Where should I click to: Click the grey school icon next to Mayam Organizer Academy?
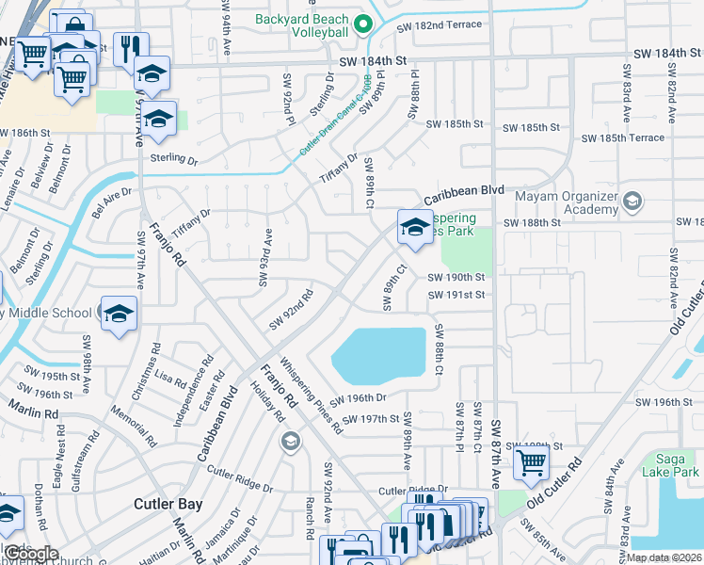(x=632, y=201)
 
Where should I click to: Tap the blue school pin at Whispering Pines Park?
(x=414, y=227)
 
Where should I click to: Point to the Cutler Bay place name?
(x=168, y=504)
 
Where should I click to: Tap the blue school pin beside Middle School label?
(x=120, y=315)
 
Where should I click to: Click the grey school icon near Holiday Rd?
(x=292, y=441)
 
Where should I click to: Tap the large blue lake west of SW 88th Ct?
(x=378, y=354)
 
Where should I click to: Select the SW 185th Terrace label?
(x=622, y=137)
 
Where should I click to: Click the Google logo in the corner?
(x=31, y=554)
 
